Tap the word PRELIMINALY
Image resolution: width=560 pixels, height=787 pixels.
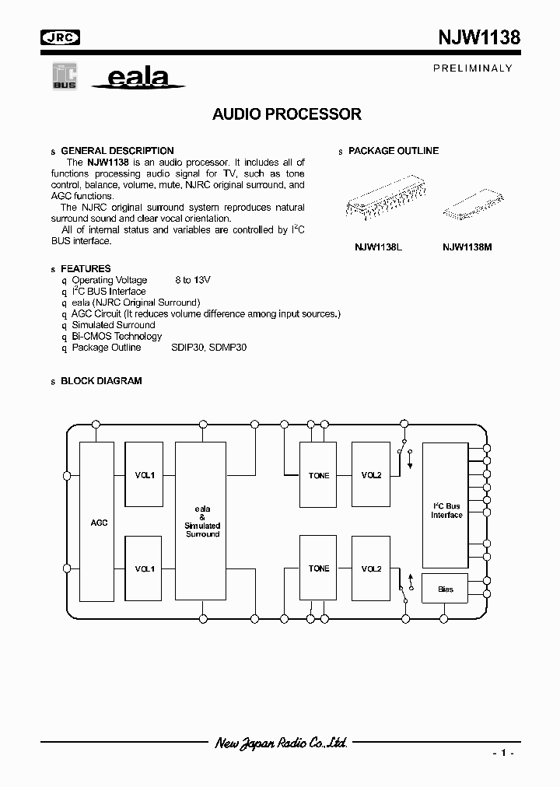472,68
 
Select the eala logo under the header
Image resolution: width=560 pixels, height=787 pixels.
137,78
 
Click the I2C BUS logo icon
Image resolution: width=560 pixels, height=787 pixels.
64,77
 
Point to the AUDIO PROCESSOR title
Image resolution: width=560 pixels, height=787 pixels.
287,114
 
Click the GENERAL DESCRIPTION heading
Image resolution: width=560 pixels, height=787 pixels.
117,151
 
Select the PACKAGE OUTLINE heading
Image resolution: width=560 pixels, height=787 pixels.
393,151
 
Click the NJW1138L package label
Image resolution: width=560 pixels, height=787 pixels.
377,247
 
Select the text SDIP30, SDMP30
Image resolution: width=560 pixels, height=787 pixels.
208,348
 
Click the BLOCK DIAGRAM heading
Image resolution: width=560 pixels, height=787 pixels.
101,381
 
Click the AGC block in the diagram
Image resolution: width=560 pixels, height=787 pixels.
98,522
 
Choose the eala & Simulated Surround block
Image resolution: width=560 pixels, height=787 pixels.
201,522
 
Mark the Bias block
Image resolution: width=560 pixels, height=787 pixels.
446,589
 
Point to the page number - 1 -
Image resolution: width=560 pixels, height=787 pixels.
502,754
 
